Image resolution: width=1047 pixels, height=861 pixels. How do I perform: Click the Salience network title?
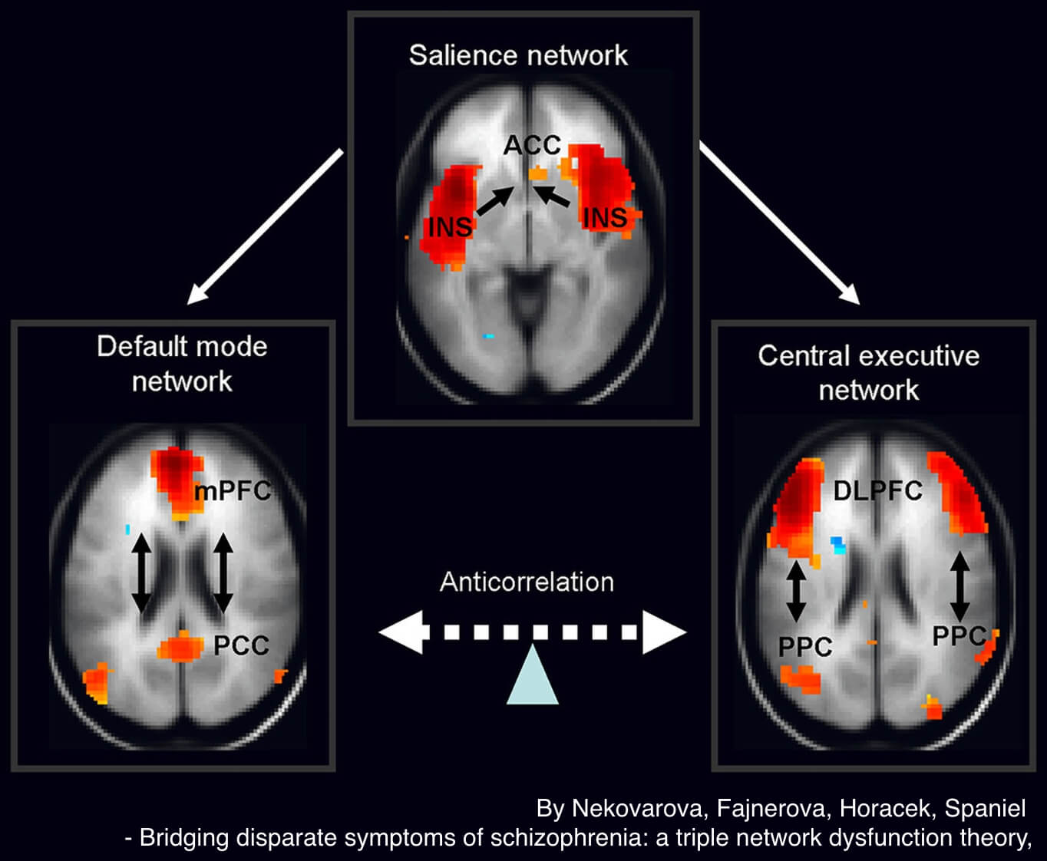coord(518,55)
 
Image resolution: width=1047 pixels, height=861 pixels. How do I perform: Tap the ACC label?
coord(532,144)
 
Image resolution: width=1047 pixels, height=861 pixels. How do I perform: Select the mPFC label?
coord(233,490)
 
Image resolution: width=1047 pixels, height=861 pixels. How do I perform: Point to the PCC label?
coord(241,645)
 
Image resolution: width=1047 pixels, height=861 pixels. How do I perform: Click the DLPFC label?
coord(878,490)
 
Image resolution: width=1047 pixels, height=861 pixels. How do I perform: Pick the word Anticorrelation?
coord(527,582)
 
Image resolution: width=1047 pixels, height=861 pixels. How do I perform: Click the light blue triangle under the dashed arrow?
coord(532,675)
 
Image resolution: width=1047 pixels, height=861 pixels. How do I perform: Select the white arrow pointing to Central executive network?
coord(779,224)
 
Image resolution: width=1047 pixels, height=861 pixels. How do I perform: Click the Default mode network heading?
coord(182,364)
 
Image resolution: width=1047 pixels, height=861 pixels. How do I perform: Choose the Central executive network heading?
coord(868,373)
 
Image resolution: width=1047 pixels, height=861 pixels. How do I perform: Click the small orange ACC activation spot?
coord(539,174)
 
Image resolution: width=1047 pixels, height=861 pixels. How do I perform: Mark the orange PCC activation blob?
coord(181,648)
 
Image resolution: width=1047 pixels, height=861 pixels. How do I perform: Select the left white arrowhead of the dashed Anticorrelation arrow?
coord(401,632)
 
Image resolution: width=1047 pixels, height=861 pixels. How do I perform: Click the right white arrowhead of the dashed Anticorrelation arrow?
coord(664,632)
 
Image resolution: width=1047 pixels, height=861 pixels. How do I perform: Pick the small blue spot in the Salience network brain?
coord(488,336)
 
